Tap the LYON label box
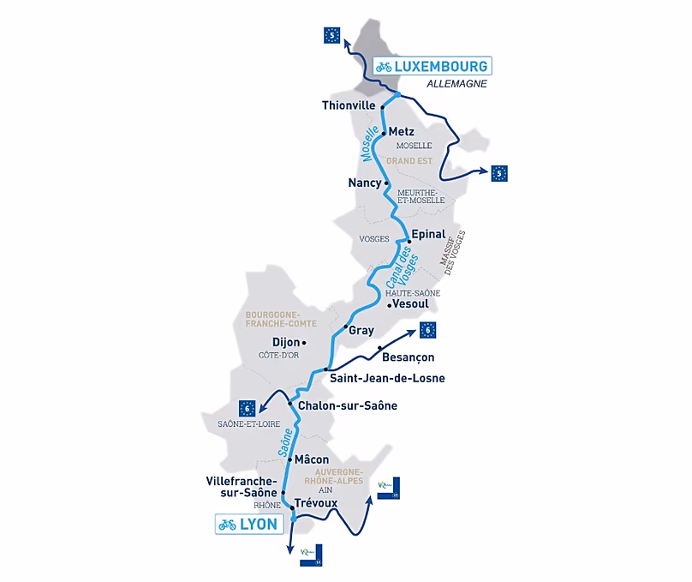click(x=249, y=525)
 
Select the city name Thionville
click(x=348, y=106)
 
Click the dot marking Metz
click(x=384, y=133)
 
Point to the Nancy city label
click(x=364, y=183)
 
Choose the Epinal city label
click(x=428, y=234)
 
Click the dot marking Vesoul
click(x=389, y=304)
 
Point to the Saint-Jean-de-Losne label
click(x=387, y=378)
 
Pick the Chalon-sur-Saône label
click(x=349, y=405)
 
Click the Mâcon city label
click(x=312, y=460)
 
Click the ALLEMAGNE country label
click(x=456, y=84)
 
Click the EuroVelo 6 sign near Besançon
click(x=429, y=330)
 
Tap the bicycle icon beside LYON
click(x=227, y=525)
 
